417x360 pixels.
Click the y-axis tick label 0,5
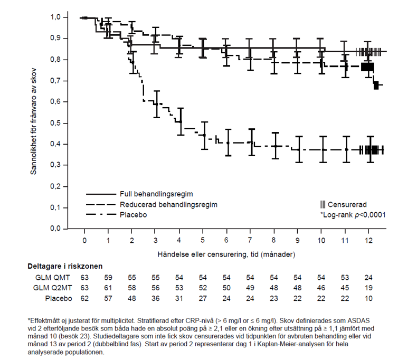click(55, 123)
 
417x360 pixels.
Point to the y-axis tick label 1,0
click(55, 17)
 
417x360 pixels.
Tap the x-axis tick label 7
click(251, 241)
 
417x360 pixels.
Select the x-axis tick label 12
click(369, 241)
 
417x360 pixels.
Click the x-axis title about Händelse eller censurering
click(226, 254)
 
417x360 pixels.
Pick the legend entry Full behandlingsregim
click(164, 194)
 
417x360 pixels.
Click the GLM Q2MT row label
click(49, 288)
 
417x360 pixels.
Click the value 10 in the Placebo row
click(369, 298)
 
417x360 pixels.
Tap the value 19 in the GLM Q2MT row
click(369, 288)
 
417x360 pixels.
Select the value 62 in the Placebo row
click(84, 298)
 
